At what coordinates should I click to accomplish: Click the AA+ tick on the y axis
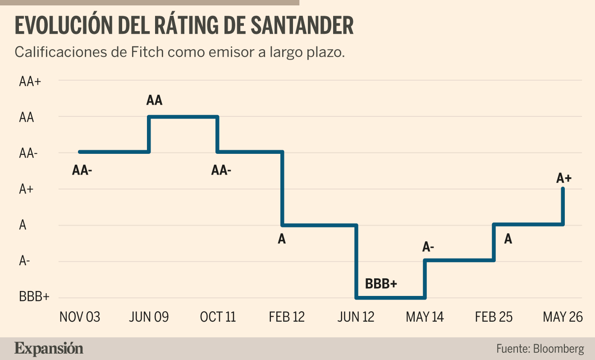tap(30, 81)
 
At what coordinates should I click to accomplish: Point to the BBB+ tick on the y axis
tap(34, 296)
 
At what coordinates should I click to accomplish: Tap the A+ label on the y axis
tap(26, 189)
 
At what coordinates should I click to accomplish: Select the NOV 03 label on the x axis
tap(80, 317)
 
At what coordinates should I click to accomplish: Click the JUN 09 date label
tap(149, 317)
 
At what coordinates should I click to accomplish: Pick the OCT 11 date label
tap(218, 317)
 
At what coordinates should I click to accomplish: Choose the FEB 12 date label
tap(287, 317)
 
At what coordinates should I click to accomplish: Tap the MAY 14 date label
tap(425, 317)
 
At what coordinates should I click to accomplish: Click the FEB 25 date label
tap(494, 317)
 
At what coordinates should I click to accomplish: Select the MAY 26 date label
tap(563, 317)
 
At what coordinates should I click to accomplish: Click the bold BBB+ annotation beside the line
tap(381, 284)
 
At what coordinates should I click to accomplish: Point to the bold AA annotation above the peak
tap(154, 100)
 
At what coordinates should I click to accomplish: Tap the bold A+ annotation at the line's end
tap(564, 178)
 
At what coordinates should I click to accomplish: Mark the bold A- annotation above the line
tap(428, 247)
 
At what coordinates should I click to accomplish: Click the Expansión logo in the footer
tap(49, 349)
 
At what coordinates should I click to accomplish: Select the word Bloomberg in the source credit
tap(558, 349)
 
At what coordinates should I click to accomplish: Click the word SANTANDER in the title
tap(302, 25)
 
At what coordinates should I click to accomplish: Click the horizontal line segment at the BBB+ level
tap(390, 298)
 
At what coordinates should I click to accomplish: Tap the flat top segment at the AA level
tap(183, 117)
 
